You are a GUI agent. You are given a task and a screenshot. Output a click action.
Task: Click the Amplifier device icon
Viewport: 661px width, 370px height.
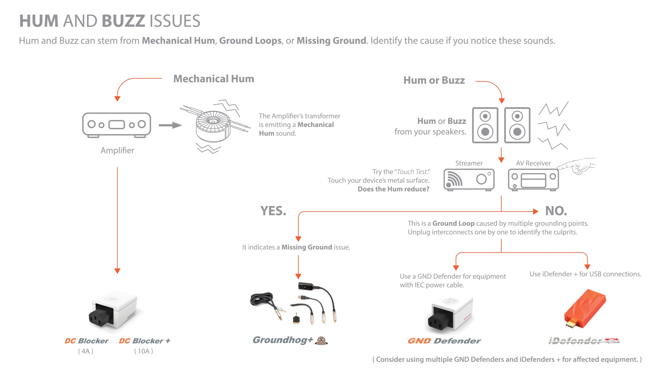click(x=116, y=125)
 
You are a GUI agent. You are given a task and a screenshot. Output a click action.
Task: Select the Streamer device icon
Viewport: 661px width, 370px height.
click(x=469, y=179)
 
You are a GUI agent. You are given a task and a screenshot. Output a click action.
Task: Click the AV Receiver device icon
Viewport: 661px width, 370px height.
click(x=533, y=179)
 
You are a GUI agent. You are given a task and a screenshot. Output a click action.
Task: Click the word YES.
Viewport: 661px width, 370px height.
click(x=273, y=211)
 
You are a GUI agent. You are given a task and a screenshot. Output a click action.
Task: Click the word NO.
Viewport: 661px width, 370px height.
click(x=556, y=211)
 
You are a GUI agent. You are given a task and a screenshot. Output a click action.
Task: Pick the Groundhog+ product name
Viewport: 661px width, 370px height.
click(x=283, y=340)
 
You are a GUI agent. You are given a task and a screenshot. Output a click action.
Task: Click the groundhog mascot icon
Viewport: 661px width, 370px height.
click(x=321, y=341)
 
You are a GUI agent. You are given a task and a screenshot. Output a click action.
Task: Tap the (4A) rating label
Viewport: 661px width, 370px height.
click(x=86, y=351)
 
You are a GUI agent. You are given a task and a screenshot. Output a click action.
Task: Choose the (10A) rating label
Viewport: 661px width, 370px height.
click(x=144, y=351)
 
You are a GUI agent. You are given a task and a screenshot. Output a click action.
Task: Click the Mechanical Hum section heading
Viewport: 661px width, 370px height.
click(x=214, y=79)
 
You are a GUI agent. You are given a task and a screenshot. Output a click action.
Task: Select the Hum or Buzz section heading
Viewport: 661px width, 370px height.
click(x=434, y=80)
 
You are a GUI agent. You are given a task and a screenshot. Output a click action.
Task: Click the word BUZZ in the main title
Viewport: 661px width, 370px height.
click(x=123, y=21)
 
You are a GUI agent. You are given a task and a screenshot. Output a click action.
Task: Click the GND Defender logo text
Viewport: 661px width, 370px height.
click(x=444, y=341)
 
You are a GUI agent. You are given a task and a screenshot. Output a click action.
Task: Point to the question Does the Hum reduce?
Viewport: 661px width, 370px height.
click(x=393, y=189)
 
